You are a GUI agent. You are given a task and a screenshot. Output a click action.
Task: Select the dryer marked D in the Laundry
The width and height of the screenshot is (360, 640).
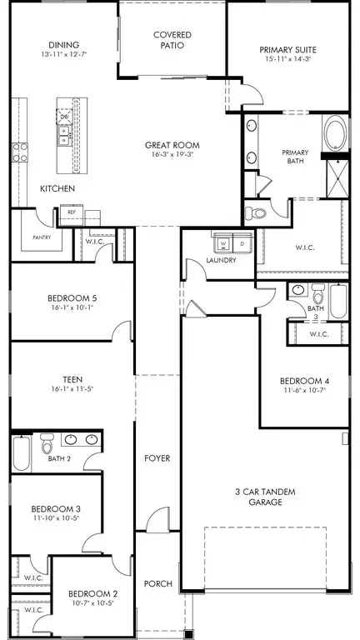[242, 243]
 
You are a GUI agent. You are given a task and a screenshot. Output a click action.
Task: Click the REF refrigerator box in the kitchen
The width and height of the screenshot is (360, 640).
[72, 212]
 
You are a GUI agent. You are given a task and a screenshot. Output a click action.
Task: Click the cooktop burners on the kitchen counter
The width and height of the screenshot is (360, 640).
[17, 152]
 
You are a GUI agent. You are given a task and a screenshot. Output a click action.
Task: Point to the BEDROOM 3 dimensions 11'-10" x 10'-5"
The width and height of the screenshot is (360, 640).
[55, 517]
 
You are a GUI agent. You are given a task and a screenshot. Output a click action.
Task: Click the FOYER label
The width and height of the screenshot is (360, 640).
[157, 458]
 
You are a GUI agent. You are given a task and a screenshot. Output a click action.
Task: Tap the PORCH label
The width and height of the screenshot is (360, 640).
[157, 584]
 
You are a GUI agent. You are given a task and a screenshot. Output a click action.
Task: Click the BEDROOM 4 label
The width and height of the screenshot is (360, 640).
[307, 382]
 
